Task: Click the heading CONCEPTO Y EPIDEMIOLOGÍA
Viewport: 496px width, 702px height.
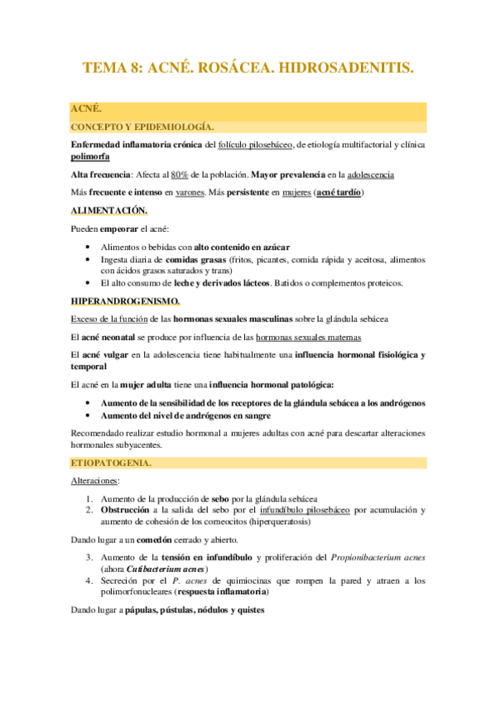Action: [x=142, y=127]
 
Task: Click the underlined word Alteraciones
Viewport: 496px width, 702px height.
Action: [x=94, y=480]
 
